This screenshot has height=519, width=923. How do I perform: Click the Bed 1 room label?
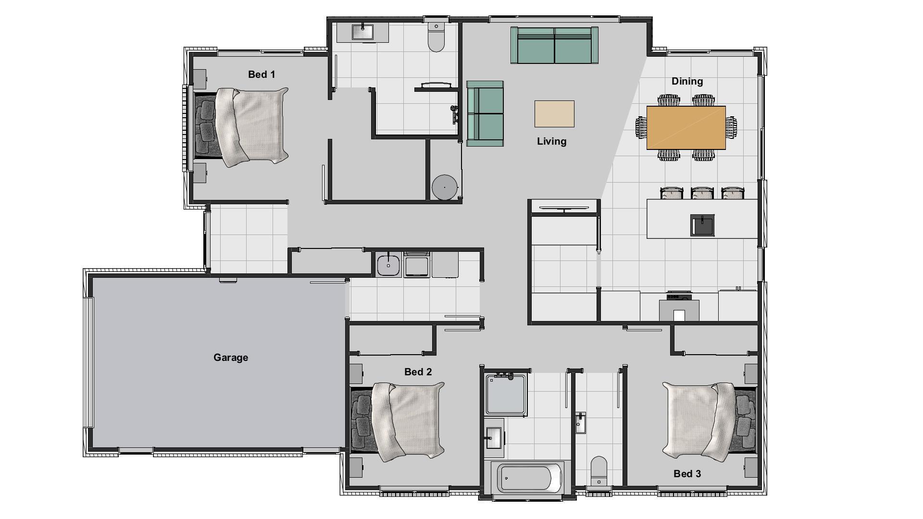(x=262, y=74)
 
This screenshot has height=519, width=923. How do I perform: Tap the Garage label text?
(x=231, y=358)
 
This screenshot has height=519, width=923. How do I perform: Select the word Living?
(x=551, y=141)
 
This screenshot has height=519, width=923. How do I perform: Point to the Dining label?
(x=687, y=81)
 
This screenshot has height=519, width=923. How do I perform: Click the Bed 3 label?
(x=687, y=474)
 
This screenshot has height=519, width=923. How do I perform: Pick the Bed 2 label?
(x=418, y=372)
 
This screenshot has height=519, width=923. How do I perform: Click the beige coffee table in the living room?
(x=554, y=114)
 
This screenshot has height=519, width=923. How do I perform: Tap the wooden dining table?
(x=686, y=127)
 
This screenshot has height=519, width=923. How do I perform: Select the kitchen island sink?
(x=702, y=225)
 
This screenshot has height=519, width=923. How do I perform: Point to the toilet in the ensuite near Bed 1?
(x=437, y=37)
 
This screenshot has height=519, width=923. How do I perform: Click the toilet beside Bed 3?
(x=599, y=470)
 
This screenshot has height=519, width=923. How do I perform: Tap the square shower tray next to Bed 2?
(x=506, y=395)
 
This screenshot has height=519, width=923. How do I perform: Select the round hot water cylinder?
(x=444, y=187)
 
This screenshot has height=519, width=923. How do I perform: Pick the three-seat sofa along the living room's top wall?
(x=554, y=45)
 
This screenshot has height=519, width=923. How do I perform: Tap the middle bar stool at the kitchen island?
(x=702, y=193)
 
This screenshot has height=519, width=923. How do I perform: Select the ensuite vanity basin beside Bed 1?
(x=362, y=32)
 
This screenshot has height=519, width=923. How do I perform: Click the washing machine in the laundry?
(x=416, y=265)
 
